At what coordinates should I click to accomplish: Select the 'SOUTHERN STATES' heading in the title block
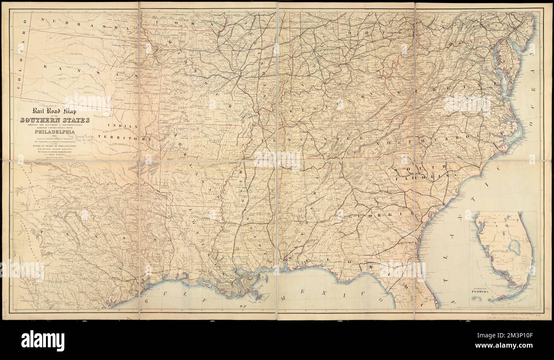tap(55, 120)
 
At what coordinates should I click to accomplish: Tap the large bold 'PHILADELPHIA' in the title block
tap(55, 131)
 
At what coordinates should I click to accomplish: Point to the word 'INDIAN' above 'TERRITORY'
tap(122, 126)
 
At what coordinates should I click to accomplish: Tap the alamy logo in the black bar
tap(43, 340)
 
